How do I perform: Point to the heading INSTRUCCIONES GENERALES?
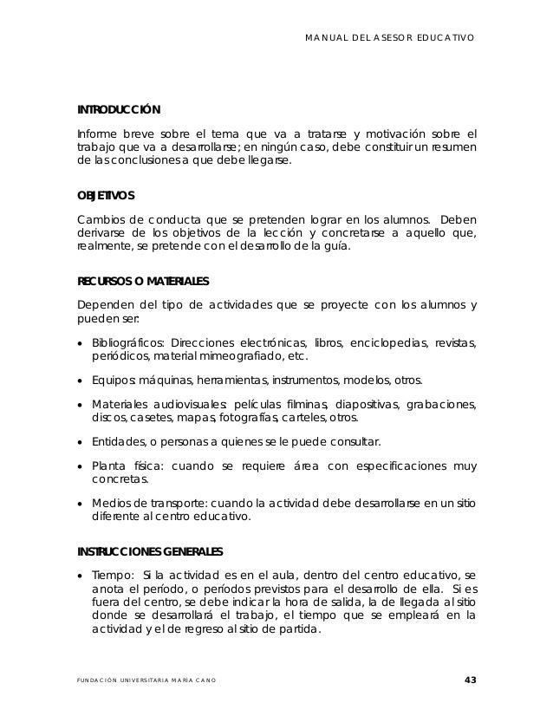point(150,551)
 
